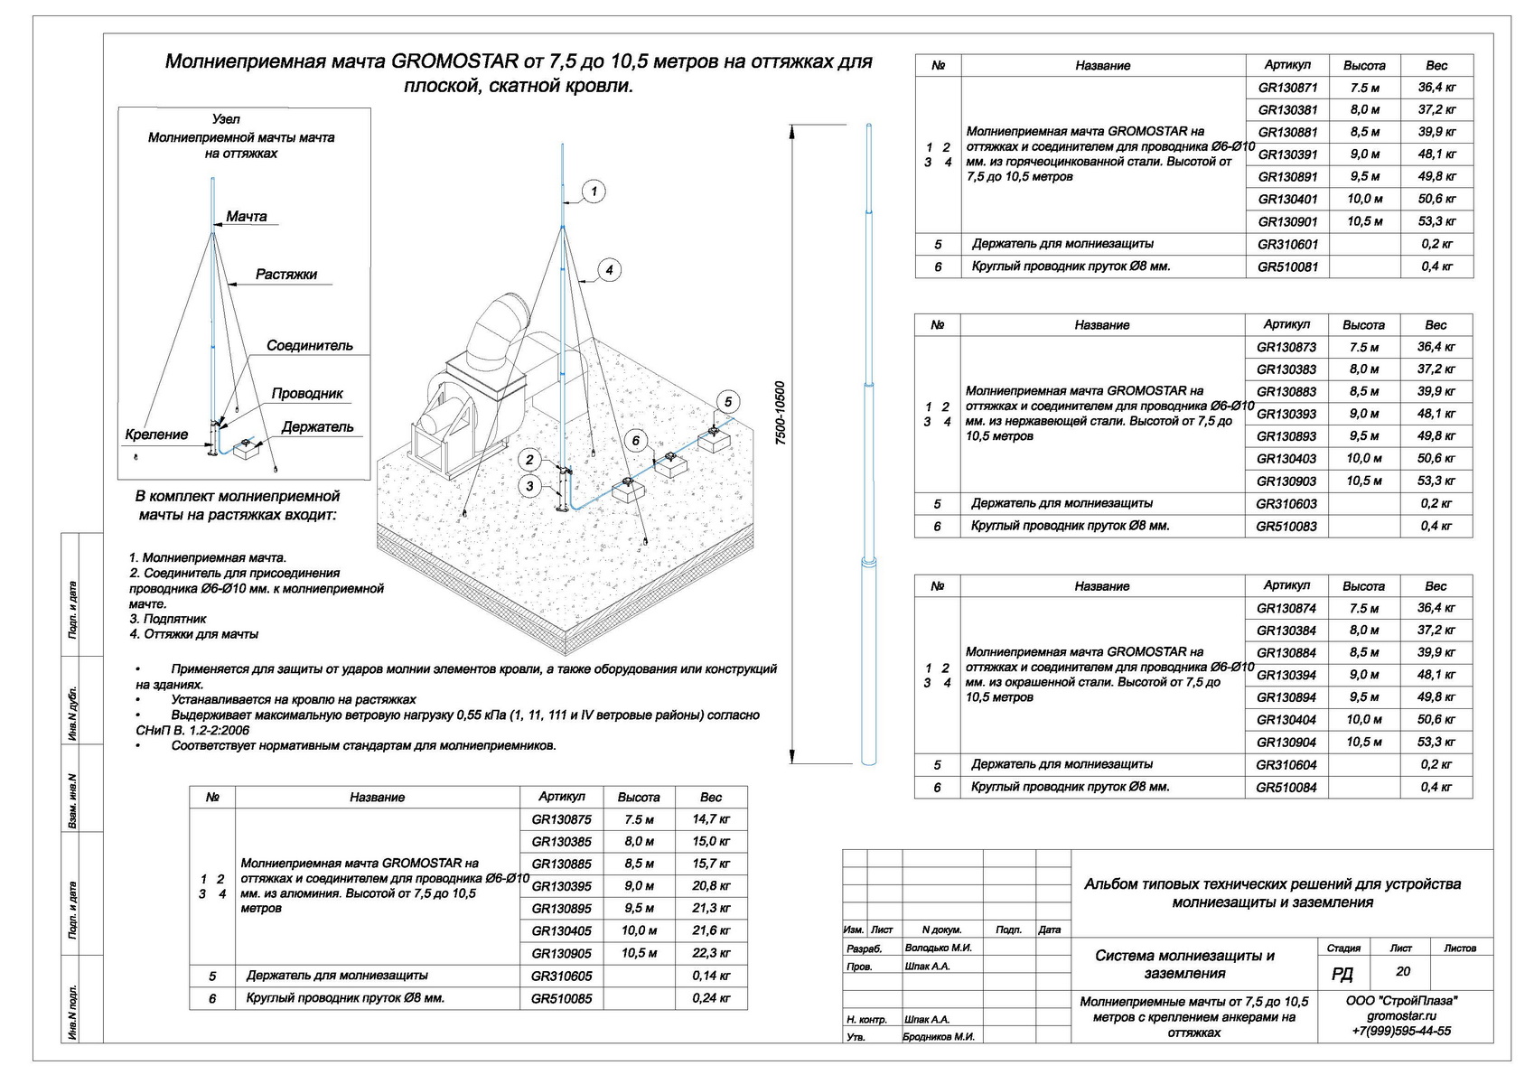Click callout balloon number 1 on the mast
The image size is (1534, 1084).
coord(593,192)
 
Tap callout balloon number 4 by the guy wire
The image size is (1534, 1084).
coord(610,270)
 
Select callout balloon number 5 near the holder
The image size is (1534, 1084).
coord(727,402)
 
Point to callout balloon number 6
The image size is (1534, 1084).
coord(636,440)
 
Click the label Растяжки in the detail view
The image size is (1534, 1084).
coord(286,275)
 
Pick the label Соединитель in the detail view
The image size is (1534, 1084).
coord(310,346)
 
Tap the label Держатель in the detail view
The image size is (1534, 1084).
coord(317,427)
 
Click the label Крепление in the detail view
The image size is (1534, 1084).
coord(156,435)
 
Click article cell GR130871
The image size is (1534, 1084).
coord(1287,88)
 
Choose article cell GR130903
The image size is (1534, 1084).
coord(1286,481)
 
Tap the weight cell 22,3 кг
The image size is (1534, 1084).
coord(711,953)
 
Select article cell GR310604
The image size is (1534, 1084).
coord(1286,765)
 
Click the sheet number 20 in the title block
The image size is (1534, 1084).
coord(1402,972)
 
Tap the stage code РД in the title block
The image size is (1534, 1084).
coord(1342,973)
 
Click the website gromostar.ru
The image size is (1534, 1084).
coord(1401,1015)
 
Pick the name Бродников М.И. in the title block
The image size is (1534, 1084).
coord(939,1037)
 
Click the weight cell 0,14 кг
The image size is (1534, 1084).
coord(711,976)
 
